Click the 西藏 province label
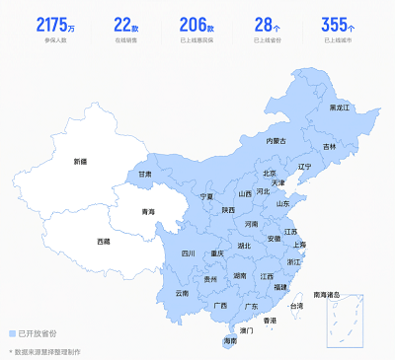(x=104, y=241)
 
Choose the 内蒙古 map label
(x=276, y=141)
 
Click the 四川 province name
(x=188, y=253)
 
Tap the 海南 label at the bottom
(x=230, y=340)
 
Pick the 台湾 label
(x=296, y=306)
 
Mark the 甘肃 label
(x=145, y=175)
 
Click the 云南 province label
(x=182, y=293)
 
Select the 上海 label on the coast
(x=299, y=245)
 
